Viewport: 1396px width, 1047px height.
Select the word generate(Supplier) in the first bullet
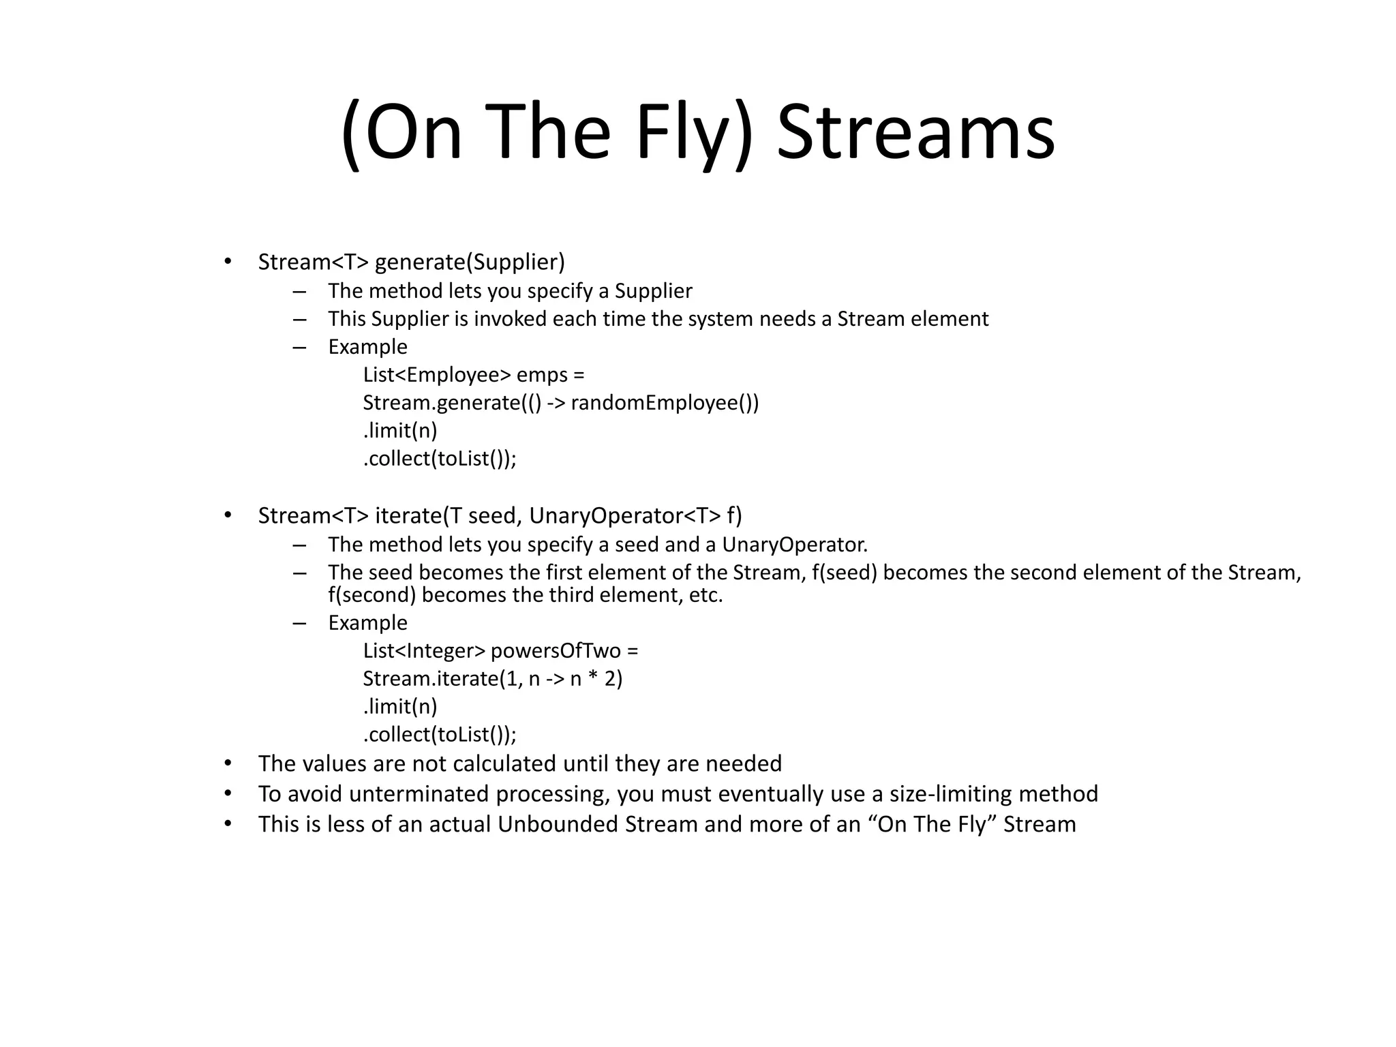point(470,262)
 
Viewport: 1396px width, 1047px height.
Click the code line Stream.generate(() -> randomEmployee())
point(560,403)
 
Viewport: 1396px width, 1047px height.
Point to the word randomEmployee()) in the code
point(665,403)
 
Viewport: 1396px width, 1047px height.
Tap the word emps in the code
point(541,375)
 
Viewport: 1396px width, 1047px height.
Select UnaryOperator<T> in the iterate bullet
point(624,516)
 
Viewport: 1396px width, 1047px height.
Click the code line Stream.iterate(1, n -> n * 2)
point(492,679)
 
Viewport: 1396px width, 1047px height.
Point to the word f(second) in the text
point(371,596)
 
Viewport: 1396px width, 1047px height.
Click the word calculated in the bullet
point(504,763)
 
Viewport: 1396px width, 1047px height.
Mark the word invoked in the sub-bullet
point(510,319)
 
